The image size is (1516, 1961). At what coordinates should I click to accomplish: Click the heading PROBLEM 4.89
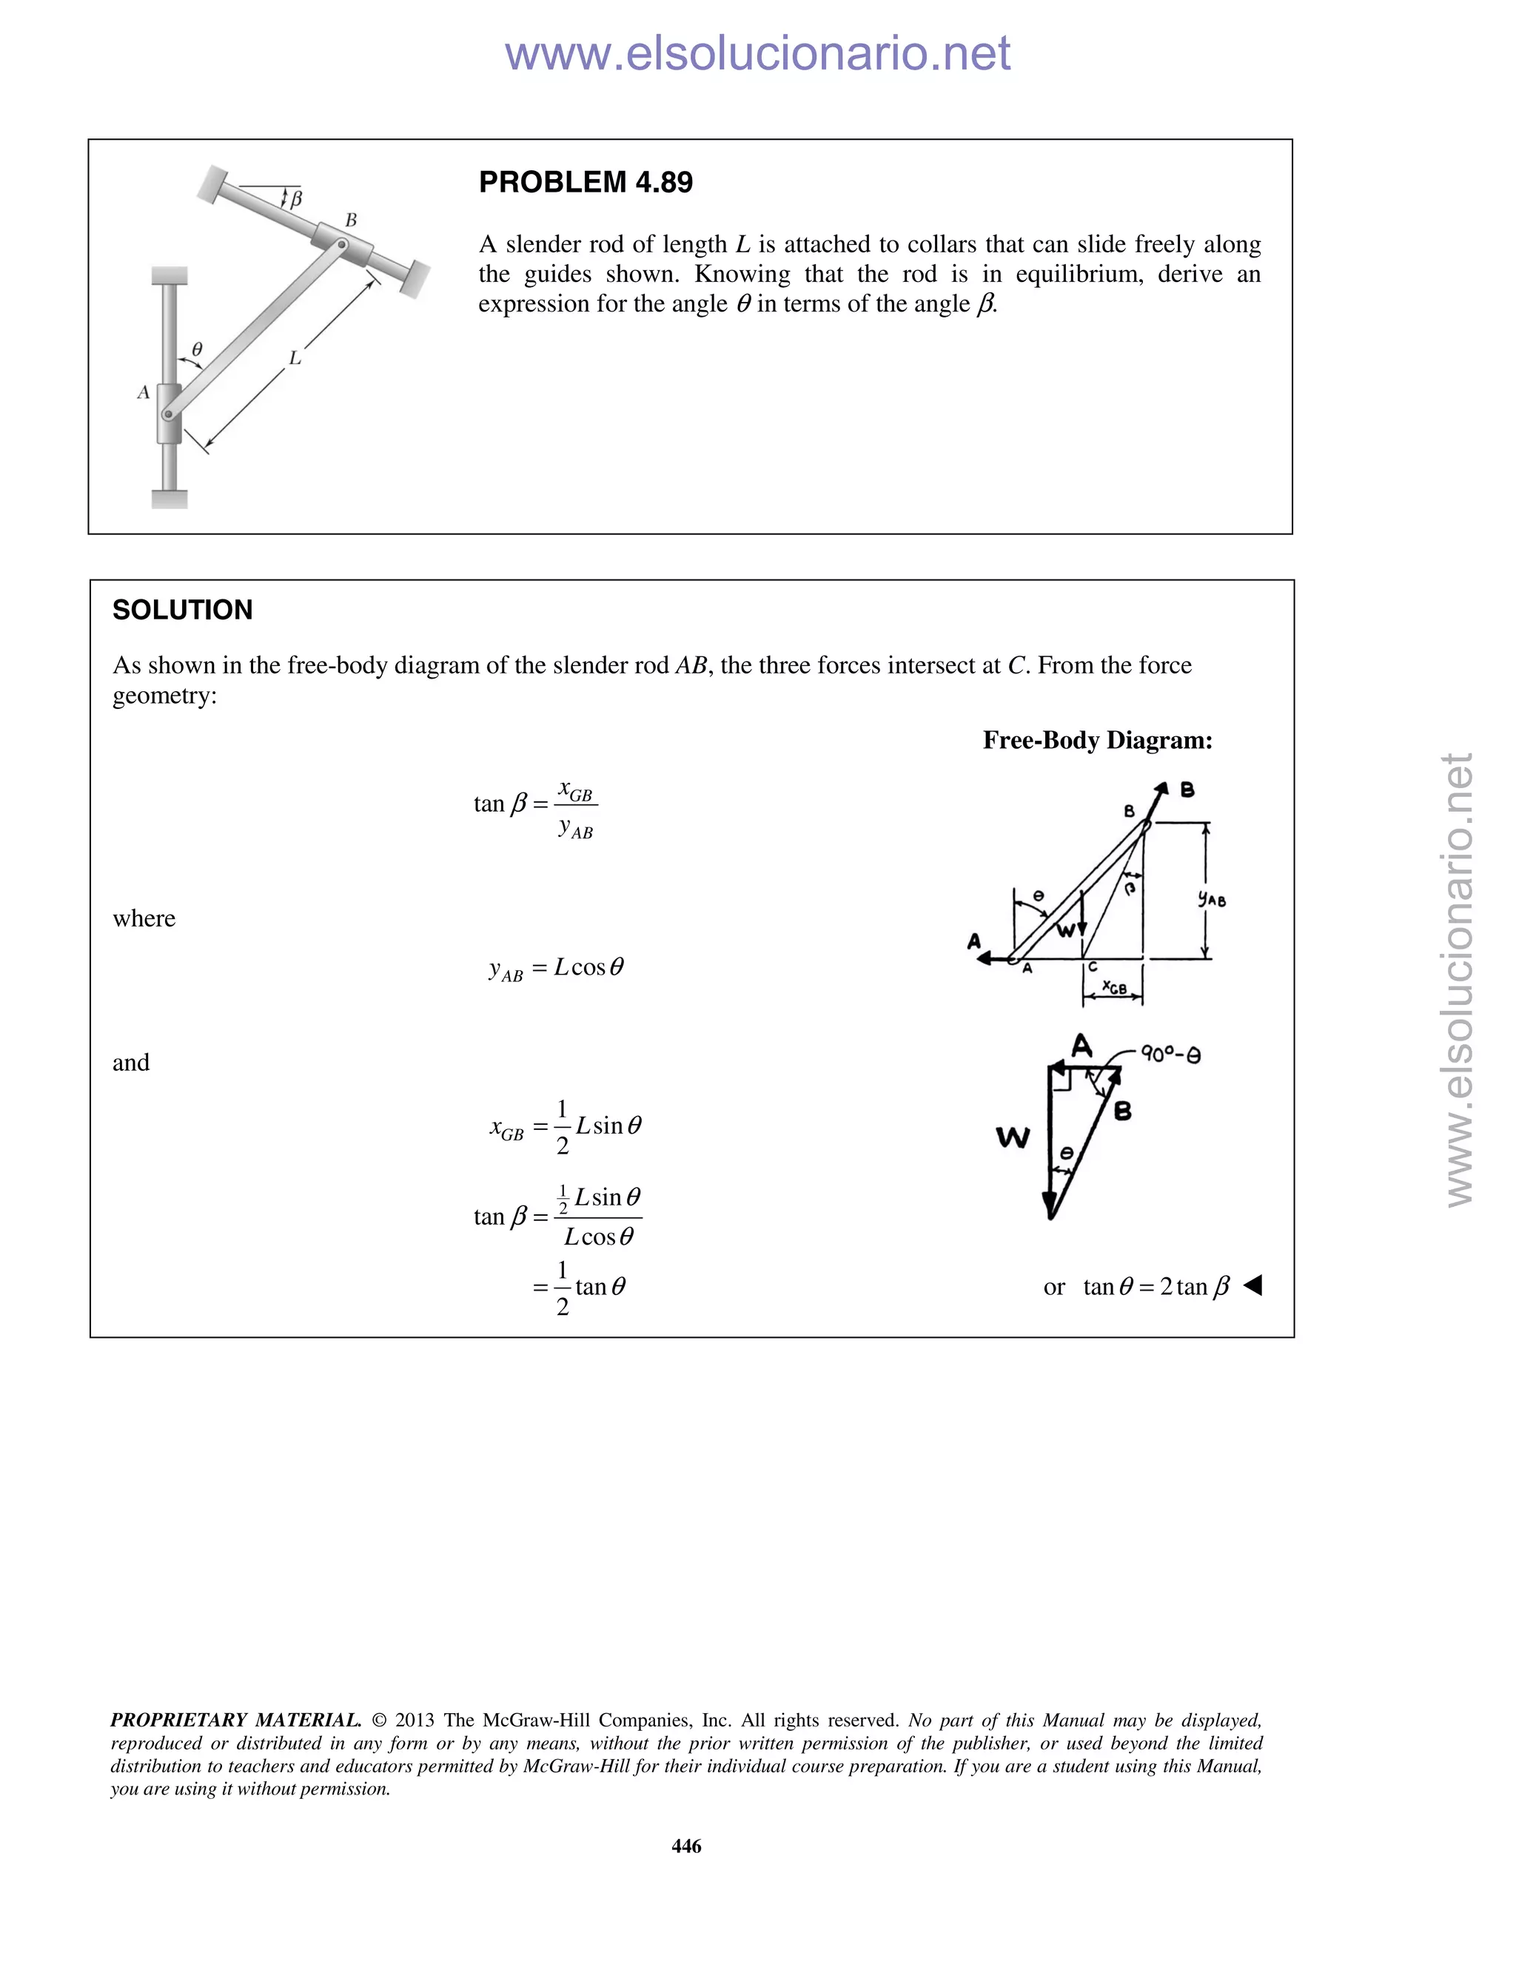[586, 182]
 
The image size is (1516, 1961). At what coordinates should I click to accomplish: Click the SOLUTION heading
[182, 610]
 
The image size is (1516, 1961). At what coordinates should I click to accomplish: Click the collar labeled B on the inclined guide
[343, 245]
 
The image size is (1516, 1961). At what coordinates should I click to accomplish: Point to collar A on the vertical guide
[169, 413]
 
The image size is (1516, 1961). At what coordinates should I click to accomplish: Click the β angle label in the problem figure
[295, 198]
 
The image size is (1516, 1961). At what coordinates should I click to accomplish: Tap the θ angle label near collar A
[197, 349]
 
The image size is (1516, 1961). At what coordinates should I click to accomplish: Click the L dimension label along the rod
[295, 358]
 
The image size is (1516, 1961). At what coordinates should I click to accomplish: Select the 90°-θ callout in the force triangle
[1170, 1054]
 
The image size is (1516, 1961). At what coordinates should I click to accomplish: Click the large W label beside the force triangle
[1012, 1137]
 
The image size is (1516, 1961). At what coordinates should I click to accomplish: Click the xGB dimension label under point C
[1113, 988]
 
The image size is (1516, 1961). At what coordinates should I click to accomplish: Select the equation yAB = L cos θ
[556, 968]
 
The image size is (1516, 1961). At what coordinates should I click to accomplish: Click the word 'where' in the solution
[144, 918]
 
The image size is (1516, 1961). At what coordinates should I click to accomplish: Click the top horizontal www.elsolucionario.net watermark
[757, 53]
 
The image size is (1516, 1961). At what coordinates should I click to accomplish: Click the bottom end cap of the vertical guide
[169, 499]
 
